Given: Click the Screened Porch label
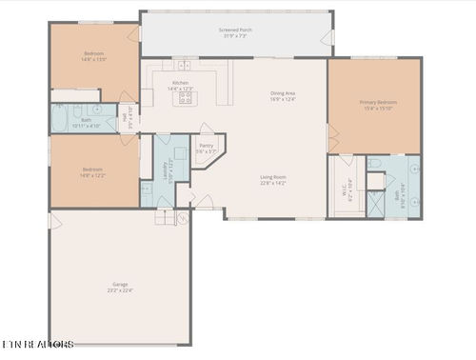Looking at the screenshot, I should (x=236, y=33).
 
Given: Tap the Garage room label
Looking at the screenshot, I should (x=121, y=287).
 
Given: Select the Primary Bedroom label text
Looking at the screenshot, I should (x=378, y=104).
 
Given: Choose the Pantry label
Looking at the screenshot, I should (x=207, y=148).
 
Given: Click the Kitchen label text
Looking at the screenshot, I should (x=180, y=86).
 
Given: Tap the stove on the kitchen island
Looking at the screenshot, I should (x=186, y=96).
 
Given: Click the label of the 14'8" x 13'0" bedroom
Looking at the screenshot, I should (x=93, y=55).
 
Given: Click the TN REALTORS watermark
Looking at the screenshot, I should (x=38, y=343).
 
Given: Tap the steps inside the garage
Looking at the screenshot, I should (x=166, y=217).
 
